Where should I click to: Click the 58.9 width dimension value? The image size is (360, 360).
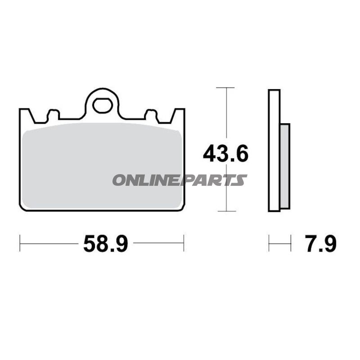[106, 244]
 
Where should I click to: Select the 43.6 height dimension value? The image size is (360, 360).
[225, 154]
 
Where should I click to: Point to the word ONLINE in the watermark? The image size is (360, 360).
[146, 180]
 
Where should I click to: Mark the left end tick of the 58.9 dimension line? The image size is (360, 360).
[20, 243]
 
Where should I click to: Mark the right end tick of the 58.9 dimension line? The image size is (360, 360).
[184, 243]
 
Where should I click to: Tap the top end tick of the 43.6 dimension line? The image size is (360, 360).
[225, 87]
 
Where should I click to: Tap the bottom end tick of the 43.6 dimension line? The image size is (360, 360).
[225, 211]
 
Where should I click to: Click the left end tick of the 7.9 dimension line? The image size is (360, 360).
[269, 243]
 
